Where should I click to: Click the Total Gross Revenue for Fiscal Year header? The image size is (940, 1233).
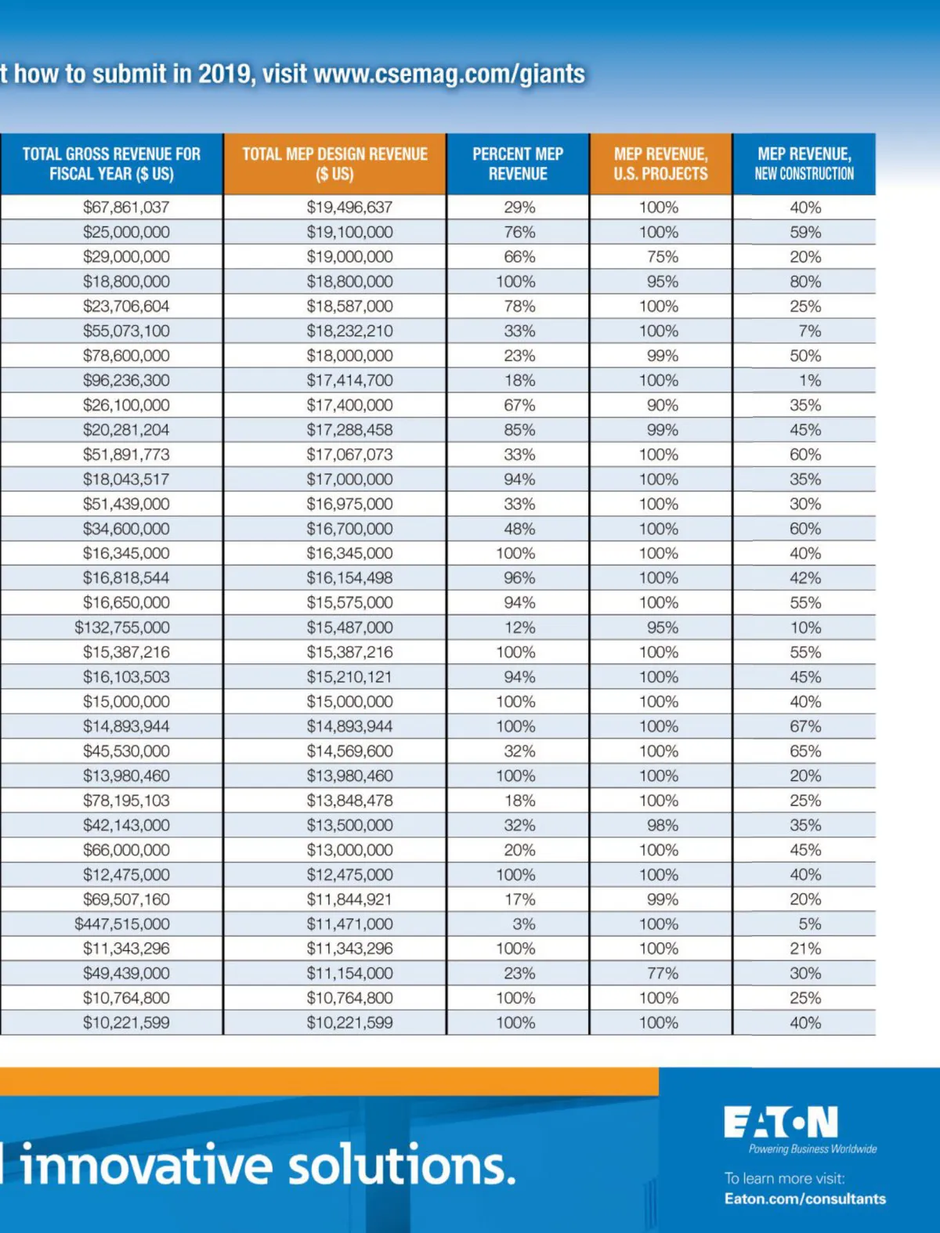(111, 164)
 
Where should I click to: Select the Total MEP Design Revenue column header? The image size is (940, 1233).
(334, 164)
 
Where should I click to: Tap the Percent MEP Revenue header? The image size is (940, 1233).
(518, 164)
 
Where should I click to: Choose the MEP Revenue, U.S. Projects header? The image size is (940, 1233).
(660, 164)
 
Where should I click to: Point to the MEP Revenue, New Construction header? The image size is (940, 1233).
(804, 164)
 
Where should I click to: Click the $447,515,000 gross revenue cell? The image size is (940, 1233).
(122, 924)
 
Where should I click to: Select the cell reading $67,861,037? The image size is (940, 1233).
(126, 208)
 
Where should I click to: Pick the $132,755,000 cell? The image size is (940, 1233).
(122, 627)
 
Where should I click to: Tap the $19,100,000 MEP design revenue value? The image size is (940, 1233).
(349, 232)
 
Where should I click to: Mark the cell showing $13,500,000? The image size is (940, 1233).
(349, 825)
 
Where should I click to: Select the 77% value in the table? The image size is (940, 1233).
(663, 973)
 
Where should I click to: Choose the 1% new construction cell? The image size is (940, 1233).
(810, 381)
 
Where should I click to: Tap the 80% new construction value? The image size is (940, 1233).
(805, 281)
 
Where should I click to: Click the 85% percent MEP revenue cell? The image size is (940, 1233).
(519, 430)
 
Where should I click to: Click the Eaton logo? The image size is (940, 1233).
(781, 1123)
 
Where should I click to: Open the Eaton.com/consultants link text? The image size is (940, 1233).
(805, 1199)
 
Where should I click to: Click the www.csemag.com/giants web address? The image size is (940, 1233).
(449, 74)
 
